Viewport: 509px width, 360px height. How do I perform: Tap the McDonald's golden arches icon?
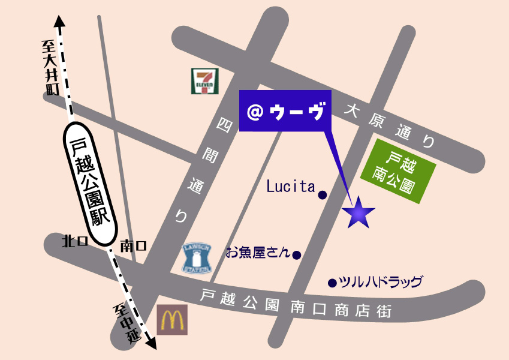tap(173, 319)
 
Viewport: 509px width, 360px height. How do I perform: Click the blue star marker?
tap(359, 212)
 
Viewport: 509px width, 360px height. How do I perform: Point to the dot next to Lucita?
tap(323, 195)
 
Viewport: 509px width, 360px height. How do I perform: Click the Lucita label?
tap(291, 187)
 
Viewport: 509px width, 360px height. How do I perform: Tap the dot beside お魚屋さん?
tap(296, 255)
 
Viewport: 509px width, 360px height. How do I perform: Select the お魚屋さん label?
tap(257, 253)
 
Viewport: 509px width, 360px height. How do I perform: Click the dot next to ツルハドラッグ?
tap(332, 283)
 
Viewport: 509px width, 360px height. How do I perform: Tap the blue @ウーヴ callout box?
tap(285, 111)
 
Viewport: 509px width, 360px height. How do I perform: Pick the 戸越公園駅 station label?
tap(91, 183)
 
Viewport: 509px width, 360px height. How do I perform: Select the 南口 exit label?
tap(133, 245)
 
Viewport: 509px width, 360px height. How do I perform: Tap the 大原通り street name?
tap(390, 127)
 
